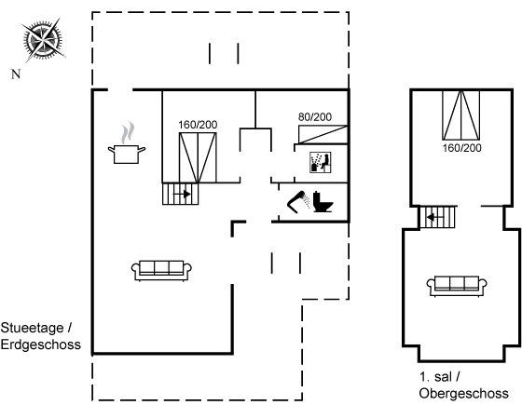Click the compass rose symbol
click(43, 40)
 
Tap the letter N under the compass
click(16, 74)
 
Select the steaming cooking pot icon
click(127, 143)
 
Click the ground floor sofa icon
click(161, 271)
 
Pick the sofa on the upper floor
click(457, 286)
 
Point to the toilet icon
click(323, 202)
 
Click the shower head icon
click(298, 201)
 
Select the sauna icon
click(321, 163)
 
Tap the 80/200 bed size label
click(315, 117)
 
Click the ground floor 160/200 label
click(198, 125)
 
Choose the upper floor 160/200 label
click(461, 148)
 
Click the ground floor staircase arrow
click(182, 194)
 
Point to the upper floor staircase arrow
click(435, 218)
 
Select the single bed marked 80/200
click(323, 134)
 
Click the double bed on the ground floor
click(198, 157)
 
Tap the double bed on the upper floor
click(461, 115)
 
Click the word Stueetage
click(32, 328)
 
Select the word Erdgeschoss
click(41, 344)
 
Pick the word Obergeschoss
click(464, 393)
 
